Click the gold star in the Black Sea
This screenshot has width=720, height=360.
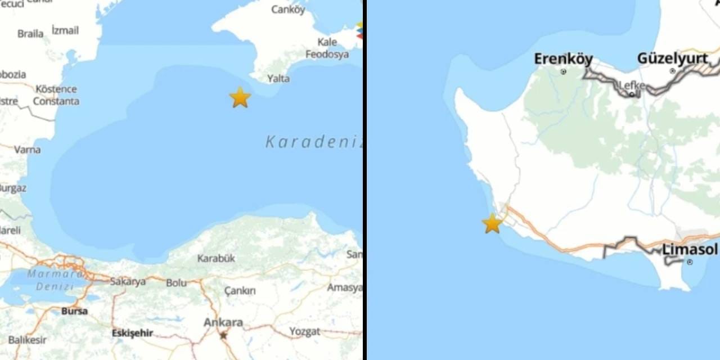click(x=240, y=97)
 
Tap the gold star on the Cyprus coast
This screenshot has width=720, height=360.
click(x=492, y=223)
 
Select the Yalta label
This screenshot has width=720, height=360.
click(x=278, y=79)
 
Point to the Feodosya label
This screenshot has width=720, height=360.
click(x=327, y=55)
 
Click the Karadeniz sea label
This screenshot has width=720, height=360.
click(x=313, y=142)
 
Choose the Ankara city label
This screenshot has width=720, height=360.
click(x=223, y=322)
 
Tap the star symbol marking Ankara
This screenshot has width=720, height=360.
click(x=223, y=335)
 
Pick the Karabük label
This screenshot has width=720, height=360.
click(x=216, y=258)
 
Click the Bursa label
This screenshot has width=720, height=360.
click(x=74, y=310)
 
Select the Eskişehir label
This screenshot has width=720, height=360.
click(x=132, y=333)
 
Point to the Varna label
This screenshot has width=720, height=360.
click(x=27, y=150)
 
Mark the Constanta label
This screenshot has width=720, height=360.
click(x=56, y=101)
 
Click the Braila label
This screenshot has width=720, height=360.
click(x=30, y=34)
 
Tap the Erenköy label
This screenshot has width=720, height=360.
click(x=563, y=58)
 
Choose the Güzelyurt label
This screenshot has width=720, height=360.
click(x=672, y=58)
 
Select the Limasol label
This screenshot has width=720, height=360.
click(x=690, y=249)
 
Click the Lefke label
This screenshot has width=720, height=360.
click(x=632, y=85)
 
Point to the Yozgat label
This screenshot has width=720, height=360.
click(x=305, y=331)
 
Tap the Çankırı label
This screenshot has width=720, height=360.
click(x=240, y=291)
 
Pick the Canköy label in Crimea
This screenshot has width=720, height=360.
click(x=288, y=10)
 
